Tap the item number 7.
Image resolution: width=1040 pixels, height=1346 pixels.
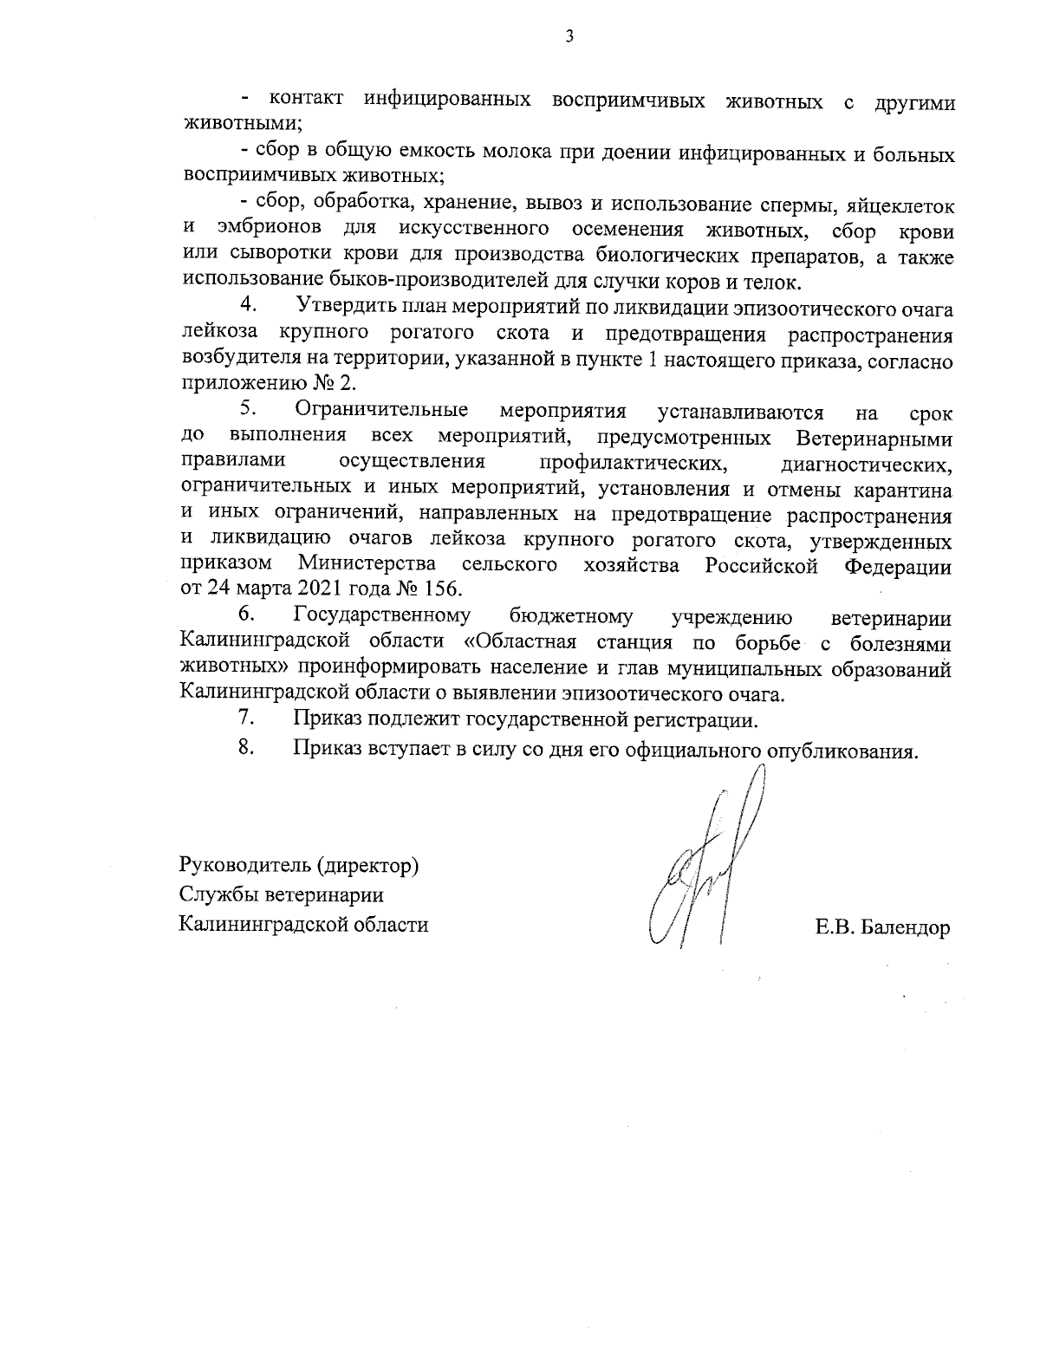(246, 718)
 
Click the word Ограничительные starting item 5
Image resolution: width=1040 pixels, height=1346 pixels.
(381, 409)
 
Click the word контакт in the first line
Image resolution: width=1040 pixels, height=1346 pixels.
(307, 101)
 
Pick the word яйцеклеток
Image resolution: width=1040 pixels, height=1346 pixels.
(900, 205)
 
